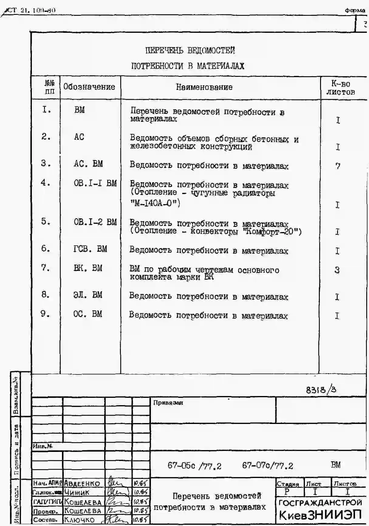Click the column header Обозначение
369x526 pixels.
pos(89,87)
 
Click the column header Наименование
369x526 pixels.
pos(204,87)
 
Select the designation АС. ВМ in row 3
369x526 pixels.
pos(88,164)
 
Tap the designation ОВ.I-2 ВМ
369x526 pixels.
pos(95,222)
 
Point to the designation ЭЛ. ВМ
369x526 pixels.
pos(88,295)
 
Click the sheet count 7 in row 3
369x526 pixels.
pos(338,166)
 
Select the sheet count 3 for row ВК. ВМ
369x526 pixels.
pos(337,270)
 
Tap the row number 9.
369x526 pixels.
pos(45,313)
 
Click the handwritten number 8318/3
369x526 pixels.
pos(321,390)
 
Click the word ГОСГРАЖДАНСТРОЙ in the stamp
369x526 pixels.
pos(320,503)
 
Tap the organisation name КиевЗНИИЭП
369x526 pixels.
pos(320,515)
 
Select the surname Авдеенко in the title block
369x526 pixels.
pos(82,483)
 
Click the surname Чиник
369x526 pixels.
pos(77,492)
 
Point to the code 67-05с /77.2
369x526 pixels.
pos(194,466)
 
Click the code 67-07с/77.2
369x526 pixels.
pos(268,466)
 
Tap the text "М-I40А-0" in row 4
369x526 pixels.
pos(155,203)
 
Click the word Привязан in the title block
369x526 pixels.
pos(168,403)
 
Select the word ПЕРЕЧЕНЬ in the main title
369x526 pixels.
pos(164,50)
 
